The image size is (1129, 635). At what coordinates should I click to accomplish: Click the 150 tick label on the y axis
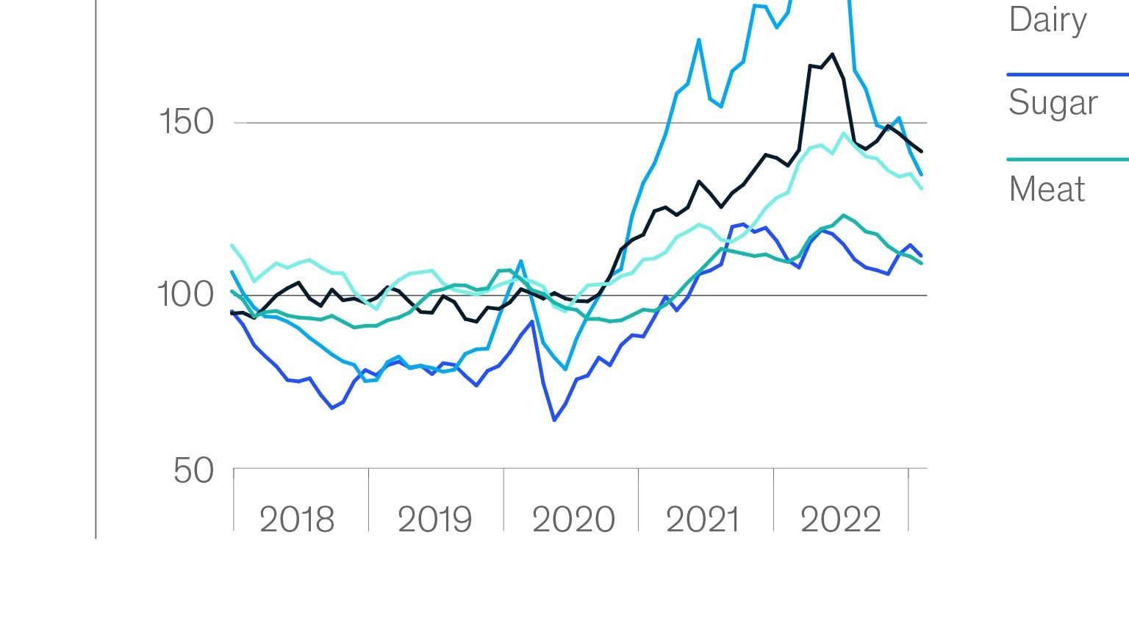point(186,121)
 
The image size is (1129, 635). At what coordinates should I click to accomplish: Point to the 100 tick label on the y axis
point(185,295)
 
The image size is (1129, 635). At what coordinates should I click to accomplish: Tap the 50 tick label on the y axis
point(193,470)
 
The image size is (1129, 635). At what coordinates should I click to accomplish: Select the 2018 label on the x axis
point(297,520)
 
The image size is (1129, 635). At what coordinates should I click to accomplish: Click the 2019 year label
point(434,520)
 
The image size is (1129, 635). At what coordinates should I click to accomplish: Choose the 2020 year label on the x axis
point(573,520)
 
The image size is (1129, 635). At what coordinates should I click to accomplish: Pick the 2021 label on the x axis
point(703,520)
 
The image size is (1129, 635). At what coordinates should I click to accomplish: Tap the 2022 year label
point(840,520)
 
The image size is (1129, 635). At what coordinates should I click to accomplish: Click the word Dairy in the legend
point(1047,20)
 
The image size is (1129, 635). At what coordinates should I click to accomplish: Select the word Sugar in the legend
point(1053,103)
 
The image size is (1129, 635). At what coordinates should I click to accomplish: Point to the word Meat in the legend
point(1047,190)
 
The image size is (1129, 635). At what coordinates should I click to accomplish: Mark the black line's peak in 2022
point(832,54)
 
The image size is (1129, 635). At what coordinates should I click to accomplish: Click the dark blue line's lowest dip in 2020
point(554,420)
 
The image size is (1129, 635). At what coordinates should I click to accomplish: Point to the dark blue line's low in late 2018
point(332,407)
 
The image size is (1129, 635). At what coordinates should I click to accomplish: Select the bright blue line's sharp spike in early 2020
point(521,261)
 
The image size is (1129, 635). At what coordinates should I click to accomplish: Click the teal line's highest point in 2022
point(843,215)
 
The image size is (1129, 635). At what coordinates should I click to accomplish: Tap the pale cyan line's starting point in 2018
point(232,245)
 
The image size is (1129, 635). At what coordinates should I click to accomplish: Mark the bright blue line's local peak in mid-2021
point(699,40)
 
